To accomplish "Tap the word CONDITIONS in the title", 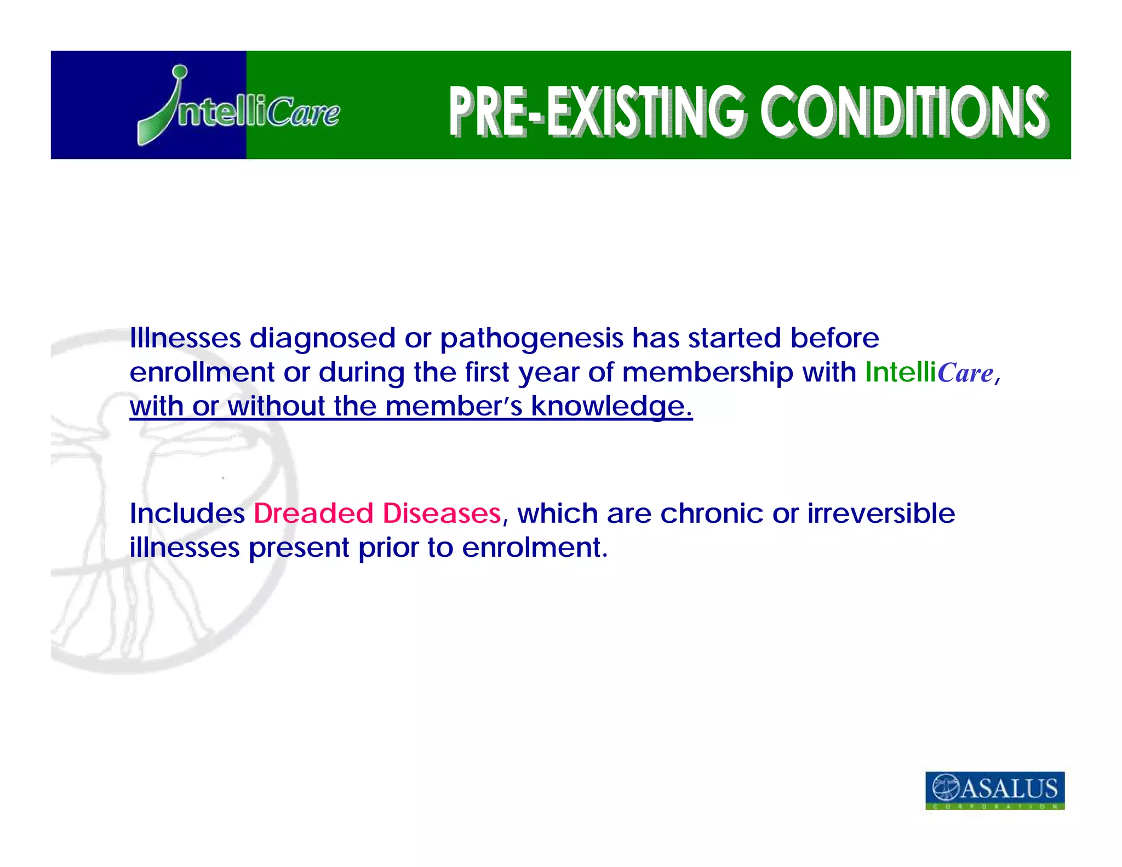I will (x=904, y=111).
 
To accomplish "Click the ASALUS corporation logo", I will (x=995, y=790).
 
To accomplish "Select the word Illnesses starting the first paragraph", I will (x=185, y=338).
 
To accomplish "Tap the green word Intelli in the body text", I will (x=900, y=372).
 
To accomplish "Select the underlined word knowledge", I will (x=611, y=407).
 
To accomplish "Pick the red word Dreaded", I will (x=313, y=514).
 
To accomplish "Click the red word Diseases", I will (x=442, y=514).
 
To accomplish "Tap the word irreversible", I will (x=881, y=514).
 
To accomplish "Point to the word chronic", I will (x=711, y=514).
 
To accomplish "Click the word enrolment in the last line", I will (x=534, y=547).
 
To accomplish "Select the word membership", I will (x=707, y=373).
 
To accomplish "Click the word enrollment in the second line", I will (x=202, y=372).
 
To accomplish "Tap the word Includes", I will (x=187, y=514).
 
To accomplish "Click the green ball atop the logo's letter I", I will (x=179, y=72).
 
